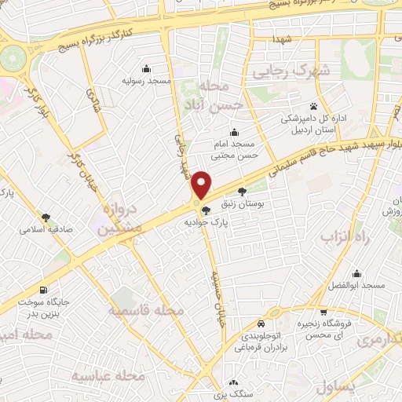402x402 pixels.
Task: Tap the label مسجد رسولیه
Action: [142, 80]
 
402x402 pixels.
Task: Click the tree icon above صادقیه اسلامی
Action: [48, 217]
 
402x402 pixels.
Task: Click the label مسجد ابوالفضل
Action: [357, 285]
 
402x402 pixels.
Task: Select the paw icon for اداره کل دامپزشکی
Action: [313, 105]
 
